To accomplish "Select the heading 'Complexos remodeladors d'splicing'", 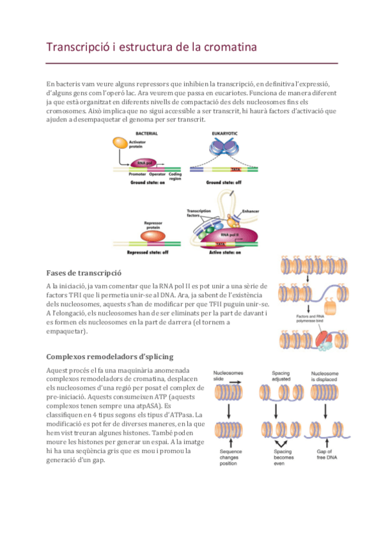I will point(109,356).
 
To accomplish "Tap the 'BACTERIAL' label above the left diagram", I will point(146,134).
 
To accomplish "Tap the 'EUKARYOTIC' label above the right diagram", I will point(224,134).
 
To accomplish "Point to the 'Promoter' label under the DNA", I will point(137,174).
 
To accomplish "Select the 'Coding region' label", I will point(176,176).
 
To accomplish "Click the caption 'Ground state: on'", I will point(148,183).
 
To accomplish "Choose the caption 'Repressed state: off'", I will point(148,252).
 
